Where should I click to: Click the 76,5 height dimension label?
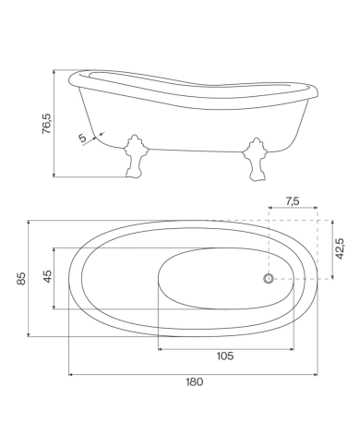[47, 124]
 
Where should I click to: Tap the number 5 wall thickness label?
[82, 138]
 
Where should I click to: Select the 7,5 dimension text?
[293, 201]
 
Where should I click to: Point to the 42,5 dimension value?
[340, 248]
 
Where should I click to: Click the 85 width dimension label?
[21, 278]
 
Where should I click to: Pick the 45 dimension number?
[48, 276]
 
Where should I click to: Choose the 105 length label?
[225, 356]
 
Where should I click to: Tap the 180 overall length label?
[195, 381]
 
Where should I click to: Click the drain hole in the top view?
[269, 279]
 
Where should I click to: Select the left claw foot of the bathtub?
[135, 156]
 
